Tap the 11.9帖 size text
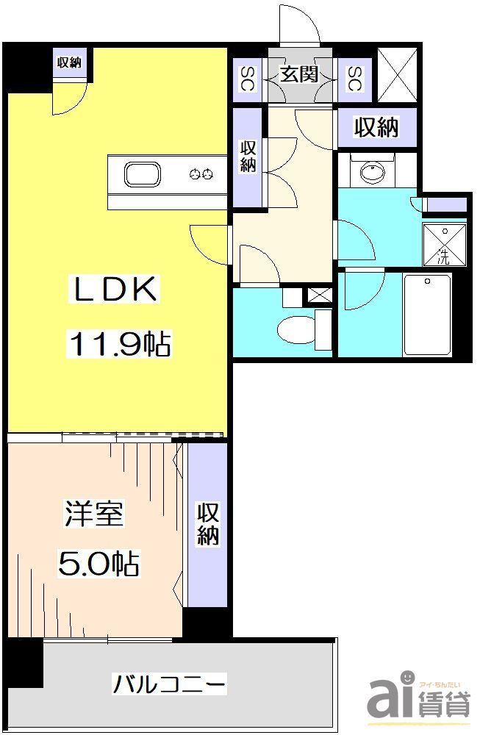click(x=120, y=343)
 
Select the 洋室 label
click(x=93, y=514)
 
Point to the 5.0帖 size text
click(x=98, y=564)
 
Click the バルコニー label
click(x=169, y=684)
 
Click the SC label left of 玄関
click(x=247, y=78)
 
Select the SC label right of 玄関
click(x=354, y=78)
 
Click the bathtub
click(x=427, y=315)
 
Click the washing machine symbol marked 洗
click(x=443, y=245)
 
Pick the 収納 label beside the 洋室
click(x=207, y=523)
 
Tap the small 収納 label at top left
click(x=69, y=62)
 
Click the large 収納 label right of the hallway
click(x=376, y=127)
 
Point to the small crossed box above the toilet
click(x=320, y=295)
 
